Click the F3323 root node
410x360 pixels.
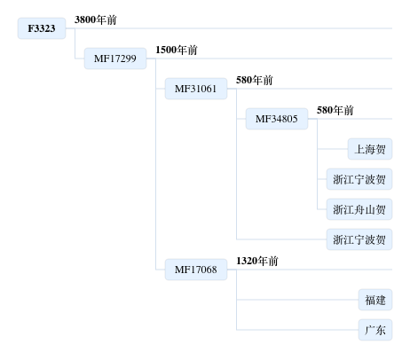(x=42, y=28)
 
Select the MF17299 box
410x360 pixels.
(x=115, y=59)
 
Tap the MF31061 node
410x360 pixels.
(x=196, y=89)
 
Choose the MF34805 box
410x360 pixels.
(x=277, y=119)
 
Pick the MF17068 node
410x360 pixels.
(x=196, y=270)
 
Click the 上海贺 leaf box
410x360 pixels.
(x=370, y=149)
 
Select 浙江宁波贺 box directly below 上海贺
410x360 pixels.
(x=359, y=179)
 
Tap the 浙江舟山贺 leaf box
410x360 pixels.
(x=359, y=209)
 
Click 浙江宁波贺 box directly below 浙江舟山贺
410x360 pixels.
(x=359, y=239)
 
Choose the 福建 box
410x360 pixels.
(x=375, y=300)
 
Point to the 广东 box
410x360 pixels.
(x=375, y=330)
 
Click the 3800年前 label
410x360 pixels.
(x=96, y=20)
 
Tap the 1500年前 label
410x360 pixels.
(x=177, y=50)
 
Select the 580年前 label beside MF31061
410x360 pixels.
(x=255, y=80)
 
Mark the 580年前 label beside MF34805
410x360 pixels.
(x=335, y=110)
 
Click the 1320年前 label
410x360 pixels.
(x=257, y=261)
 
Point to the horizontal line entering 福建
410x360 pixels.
(x=297, y=300)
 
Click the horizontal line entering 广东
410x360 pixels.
(x=297, y=330)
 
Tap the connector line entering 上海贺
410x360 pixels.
(x=333, y=149)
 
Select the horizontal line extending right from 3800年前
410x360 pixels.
(x=229, y=28)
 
